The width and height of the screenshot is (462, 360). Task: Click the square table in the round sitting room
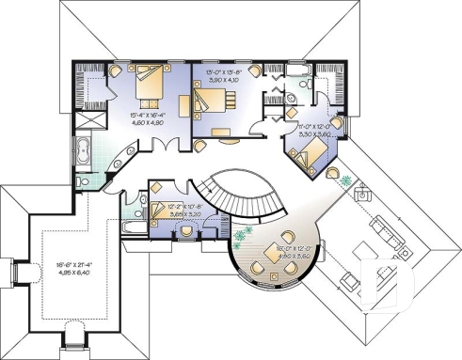coord(279,254)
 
